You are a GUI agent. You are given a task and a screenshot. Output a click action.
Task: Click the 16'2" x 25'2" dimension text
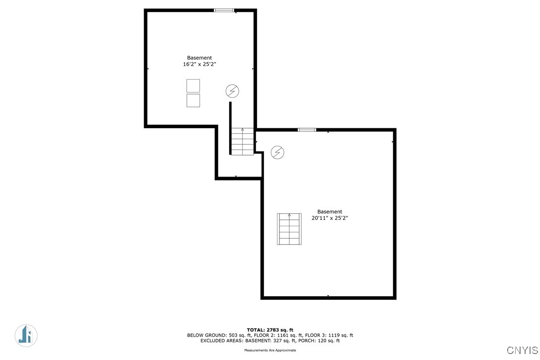[x=199, y=64]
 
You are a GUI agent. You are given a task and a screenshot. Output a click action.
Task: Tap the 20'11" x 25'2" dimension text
[x=330, y=218]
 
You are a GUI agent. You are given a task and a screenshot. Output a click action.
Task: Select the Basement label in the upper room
[x=199, y=58]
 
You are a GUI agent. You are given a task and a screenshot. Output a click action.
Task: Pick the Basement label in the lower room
[x=330, y=211]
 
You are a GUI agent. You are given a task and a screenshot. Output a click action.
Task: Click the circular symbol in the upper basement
[x=232, y=91]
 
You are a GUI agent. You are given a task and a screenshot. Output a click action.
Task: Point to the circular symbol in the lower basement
[x=277, y=152]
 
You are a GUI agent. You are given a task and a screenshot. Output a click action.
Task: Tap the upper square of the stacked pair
[x=193, y=86]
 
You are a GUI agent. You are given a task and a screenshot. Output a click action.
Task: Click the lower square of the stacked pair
[x=193, y=100]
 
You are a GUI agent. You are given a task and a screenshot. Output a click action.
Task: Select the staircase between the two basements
[x=243, y=141]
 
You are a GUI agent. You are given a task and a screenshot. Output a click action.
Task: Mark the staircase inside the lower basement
[x=289, y=229]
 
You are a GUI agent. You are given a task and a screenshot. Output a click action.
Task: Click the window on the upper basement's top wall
[x=224, y=10]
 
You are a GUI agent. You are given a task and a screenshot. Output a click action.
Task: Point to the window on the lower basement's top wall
[x=307, y=130]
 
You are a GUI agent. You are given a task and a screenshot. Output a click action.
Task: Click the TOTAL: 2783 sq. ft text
[x=270, y=330]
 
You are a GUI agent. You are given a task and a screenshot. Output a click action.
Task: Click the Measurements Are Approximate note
[x=270, y=350]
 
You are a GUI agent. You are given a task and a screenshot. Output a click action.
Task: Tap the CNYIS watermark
[x=522, y=350]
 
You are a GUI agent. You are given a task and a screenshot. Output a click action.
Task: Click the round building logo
[x=26, y=335]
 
